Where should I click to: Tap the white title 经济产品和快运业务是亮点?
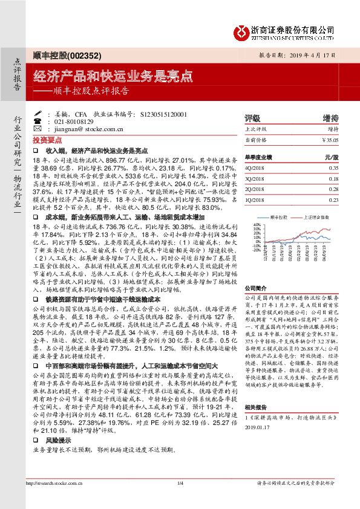pos(113,76)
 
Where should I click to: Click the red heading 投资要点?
pos(48,138)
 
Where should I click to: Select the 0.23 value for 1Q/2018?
pos(333,199)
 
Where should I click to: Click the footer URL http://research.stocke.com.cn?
pos(55,499)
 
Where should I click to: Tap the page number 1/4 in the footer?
pos(180,499)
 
